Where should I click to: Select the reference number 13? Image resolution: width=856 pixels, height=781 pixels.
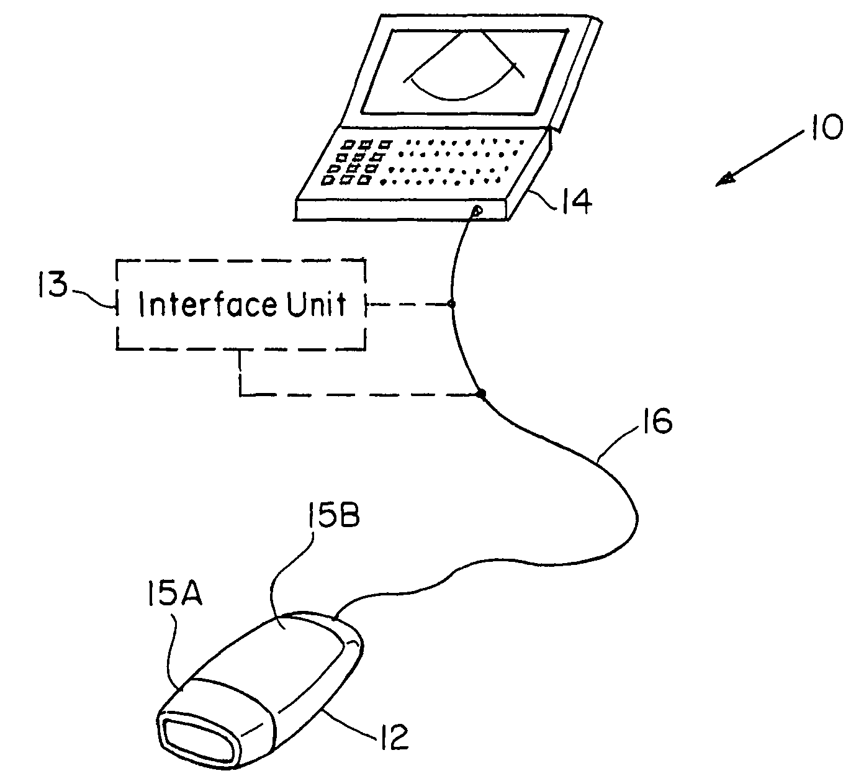coord(53,287)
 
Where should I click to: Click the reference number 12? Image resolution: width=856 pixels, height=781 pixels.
coord(392,737)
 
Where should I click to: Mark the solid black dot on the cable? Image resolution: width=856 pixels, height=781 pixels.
coord(480,394)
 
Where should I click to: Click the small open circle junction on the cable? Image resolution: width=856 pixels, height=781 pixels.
coord(452,304)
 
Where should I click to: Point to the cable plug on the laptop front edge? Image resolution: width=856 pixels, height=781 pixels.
coord(475,212)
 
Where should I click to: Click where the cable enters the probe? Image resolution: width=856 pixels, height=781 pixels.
coord(335,618)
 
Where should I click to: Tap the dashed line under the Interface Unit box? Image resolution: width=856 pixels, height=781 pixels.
coord(348,395)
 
